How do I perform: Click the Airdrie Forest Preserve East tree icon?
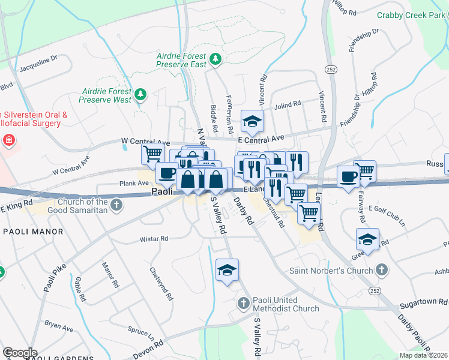coord(217,59)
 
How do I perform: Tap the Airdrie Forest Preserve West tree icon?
coord(140,94)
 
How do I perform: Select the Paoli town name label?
coord(161,192)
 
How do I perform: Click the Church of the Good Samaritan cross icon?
coord(117,206)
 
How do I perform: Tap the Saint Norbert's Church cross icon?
coord(380,269)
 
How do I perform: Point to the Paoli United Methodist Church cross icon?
coord(244,302)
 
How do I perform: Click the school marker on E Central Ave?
coord(253,122)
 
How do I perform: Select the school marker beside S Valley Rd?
coord(228,271)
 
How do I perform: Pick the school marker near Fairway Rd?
coord(368,239)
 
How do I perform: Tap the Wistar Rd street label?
coord(154,239)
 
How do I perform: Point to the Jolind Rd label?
coord(288,104)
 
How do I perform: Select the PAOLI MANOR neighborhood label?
coord(33,231)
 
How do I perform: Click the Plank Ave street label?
coord(134,184)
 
